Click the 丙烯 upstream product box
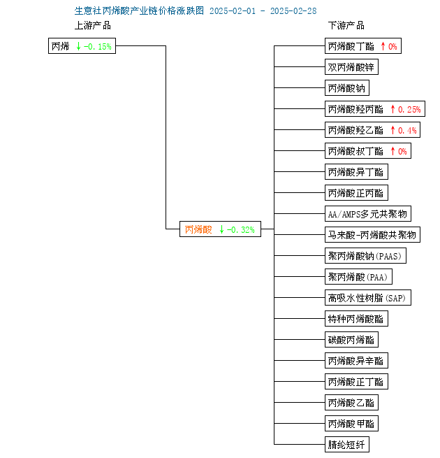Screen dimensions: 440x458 tap(82, 46)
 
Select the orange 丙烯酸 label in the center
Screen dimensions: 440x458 tap(198, 229)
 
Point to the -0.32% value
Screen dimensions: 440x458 tap(241, 229)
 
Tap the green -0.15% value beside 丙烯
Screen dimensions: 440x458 tap(98, 46)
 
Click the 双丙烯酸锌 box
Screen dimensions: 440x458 tap(351, 67)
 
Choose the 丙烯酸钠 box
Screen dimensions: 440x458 tap(347, 88)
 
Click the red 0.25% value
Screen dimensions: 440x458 tap(409, 109)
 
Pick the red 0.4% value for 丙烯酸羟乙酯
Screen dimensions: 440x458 tap(407, 130)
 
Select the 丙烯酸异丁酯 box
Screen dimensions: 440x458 tap(356, 172)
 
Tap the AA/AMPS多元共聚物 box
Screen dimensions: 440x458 tap(368, 214)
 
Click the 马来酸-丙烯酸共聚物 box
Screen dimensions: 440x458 tap(372, 234)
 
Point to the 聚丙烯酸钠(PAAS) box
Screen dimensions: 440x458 tap(365, 256)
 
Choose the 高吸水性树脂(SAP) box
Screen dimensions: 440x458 tap(368, 298)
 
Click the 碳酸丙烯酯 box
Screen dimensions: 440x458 tap(351, 340)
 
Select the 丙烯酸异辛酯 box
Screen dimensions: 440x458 tap(356, 361)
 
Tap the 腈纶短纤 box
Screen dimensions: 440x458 tap(347, 445)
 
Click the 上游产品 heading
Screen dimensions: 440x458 tap(93, 25)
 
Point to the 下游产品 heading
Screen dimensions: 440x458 tap(346, 25)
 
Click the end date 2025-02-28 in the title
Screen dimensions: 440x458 tap(293, 11)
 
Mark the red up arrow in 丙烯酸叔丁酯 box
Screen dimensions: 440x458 tap(393, 151)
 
